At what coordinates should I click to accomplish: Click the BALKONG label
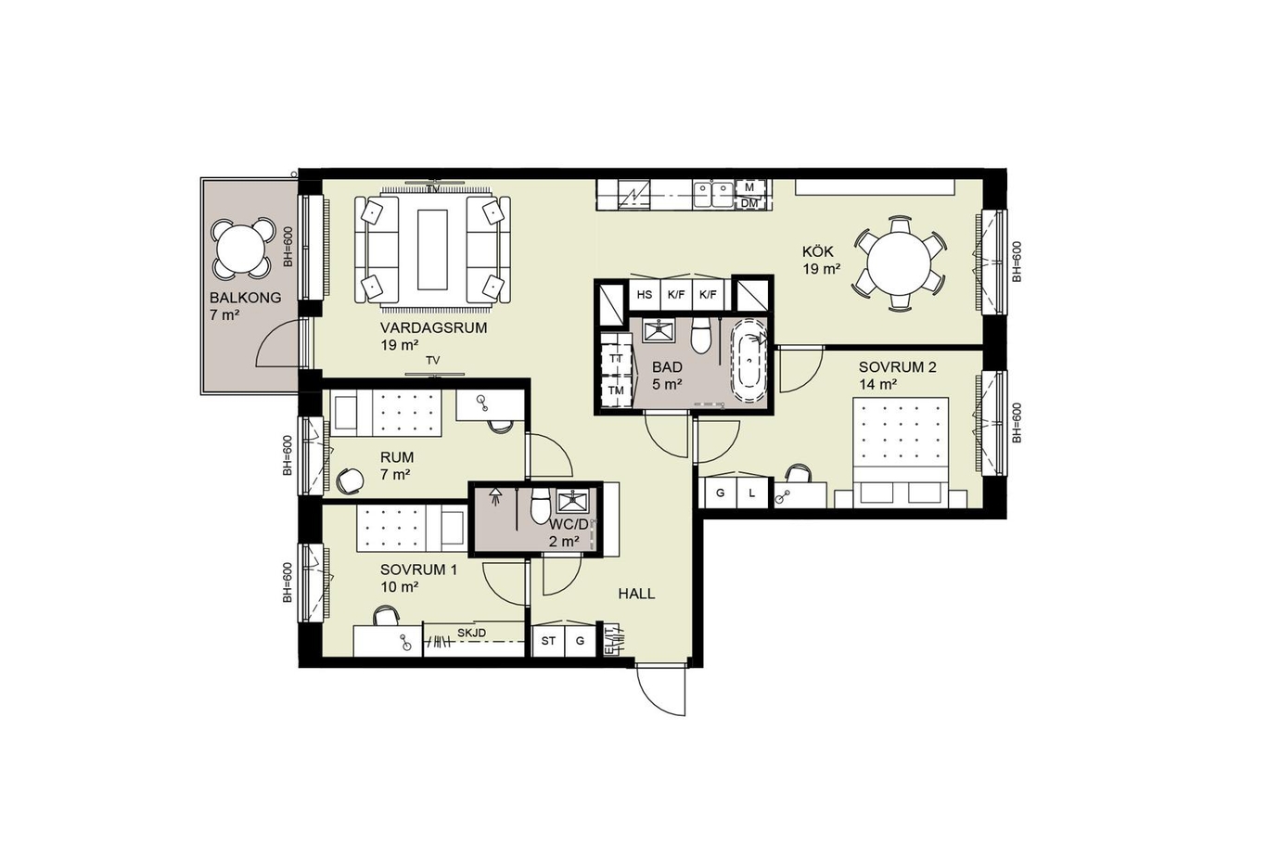click(x=245, y=298)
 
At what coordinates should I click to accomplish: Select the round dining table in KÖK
click(x=900, y=263)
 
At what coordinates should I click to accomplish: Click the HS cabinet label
click(x=645, y=295)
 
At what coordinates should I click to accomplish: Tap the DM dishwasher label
click(x=749, y=203)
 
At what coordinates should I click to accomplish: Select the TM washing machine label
click(x=616, y=390)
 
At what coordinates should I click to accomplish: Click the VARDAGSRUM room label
click(x=433, y=328)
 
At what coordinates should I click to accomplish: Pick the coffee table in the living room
click(x=433, y=250)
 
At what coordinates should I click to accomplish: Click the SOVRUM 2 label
click(x=897, y=367)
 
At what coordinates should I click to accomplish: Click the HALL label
click(x=636, y=594)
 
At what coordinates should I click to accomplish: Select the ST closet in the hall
click(x=548, y=641)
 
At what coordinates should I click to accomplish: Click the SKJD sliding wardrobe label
click(x=472, y=633)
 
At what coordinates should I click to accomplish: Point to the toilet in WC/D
click(x=540, y=506)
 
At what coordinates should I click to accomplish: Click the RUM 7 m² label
click(x=396, y=466)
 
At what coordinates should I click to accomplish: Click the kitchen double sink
click(x=714, y=195)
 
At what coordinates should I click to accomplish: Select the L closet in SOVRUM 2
click(x=751, y=493)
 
